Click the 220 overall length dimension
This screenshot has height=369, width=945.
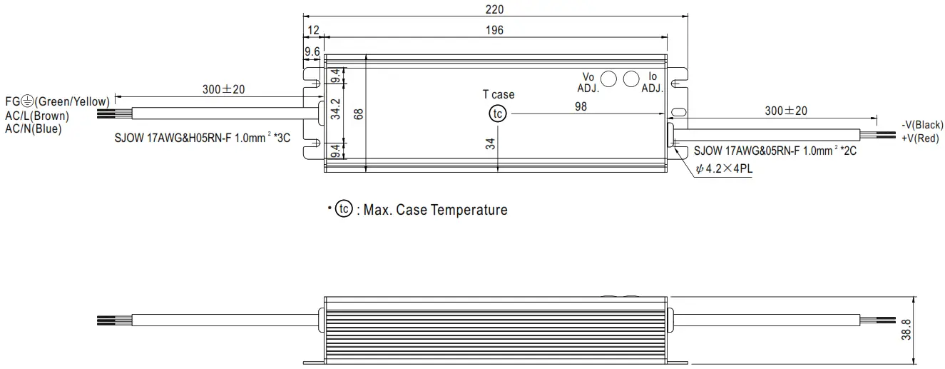[494, 9]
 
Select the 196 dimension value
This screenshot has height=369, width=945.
[494, 30]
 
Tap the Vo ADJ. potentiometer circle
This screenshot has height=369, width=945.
[609, 79]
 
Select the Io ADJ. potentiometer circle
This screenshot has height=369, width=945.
[631, 79]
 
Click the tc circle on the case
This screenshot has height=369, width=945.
[497, 113]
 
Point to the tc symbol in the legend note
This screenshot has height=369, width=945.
[344, 209]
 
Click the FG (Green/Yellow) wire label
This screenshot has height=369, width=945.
[57, 101]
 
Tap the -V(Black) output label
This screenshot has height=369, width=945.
[922, 125]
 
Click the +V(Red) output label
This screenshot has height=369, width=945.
[921, 138]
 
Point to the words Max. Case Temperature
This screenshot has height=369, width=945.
[435, 210]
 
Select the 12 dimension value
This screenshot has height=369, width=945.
[312, 30]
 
